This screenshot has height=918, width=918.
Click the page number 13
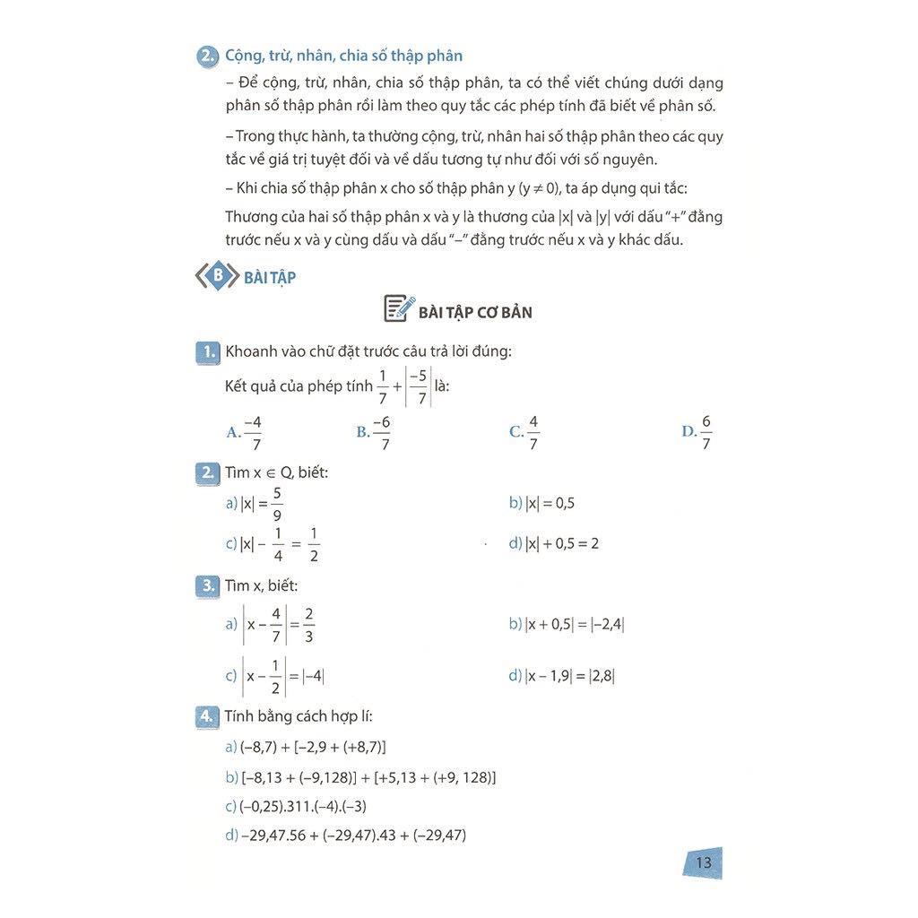tap(703, 862)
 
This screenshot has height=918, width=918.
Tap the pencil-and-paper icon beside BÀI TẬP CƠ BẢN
tap(398, 308)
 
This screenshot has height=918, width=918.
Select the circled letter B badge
tap(217, 276)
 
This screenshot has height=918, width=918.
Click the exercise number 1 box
tap(207, 352)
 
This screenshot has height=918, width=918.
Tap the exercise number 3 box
tap(207, 586)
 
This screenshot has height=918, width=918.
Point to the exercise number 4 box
tap(207, 716)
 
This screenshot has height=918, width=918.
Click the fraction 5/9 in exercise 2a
tap(277, 504)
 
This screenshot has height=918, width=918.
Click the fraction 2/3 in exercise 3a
tap(308, 625)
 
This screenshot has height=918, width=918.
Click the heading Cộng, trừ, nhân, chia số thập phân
tap(343, 56)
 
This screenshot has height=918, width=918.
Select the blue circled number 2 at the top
tap(208, 56)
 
